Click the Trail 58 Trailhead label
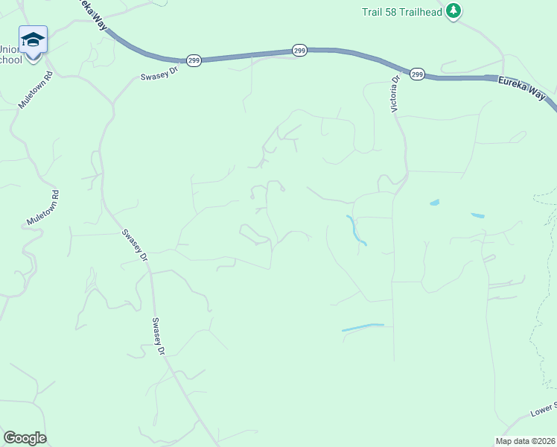tap(402, 12)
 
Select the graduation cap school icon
tap(33, 39)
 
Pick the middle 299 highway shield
tap(299, 50)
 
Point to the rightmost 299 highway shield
tap(417, 74)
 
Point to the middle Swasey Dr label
tap(134, 244)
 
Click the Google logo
tap(25, 438)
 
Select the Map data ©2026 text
tap(525, 441)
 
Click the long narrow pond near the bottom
tap(363, 327)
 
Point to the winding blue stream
tap(356, 230)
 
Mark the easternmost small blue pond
tap(477, 216)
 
